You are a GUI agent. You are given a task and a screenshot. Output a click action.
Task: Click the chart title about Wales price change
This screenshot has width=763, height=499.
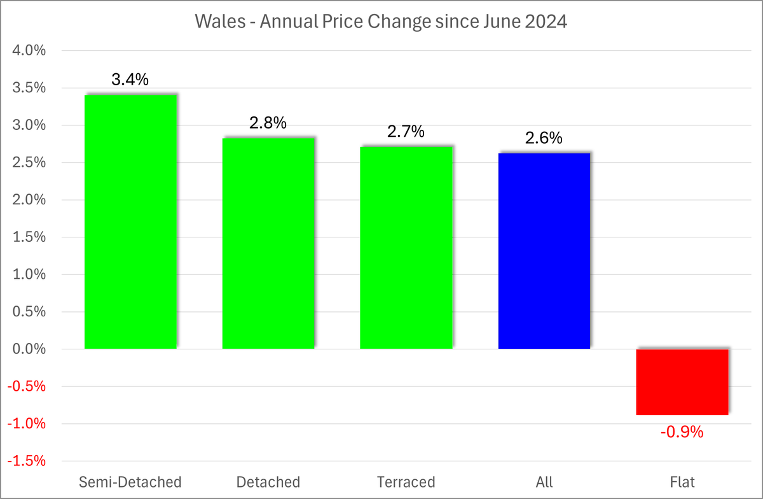point(381,22)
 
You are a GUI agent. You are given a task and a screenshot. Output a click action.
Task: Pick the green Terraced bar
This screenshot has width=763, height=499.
point(406,248)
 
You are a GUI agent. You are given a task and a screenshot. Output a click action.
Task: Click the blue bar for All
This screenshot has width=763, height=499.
point(544,251)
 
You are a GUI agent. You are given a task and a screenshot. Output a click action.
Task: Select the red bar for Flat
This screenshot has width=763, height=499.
point(682,382)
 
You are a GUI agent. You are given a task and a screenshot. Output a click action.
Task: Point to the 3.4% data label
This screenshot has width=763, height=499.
point(130,80)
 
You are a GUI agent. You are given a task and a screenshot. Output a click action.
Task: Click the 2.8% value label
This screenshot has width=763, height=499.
point(268,123)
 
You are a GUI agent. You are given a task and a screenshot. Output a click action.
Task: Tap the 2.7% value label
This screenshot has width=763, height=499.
point(406,132)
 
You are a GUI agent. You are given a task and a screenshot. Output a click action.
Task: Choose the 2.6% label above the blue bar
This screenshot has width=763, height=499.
point(544,138)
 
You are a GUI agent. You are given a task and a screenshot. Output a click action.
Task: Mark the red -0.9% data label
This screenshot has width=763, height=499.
point(682,432)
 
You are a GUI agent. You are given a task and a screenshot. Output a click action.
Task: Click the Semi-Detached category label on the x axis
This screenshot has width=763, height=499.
point(130,481)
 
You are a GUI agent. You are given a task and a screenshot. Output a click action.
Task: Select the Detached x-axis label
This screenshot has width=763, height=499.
point(268,481)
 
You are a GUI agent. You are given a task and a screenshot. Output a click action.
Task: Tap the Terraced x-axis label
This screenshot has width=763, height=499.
point(406,481)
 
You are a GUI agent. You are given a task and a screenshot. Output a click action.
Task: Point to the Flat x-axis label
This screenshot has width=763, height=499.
point(682,481)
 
